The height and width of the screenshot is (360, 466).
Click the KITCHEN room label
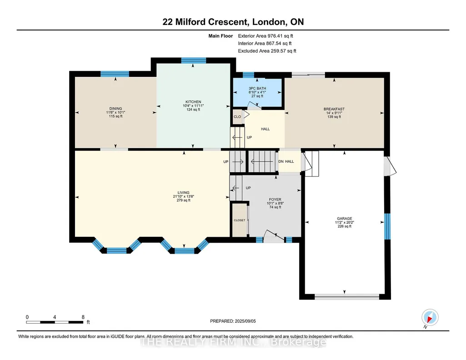(193, 102)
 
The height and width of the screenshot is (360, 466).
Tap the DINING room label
(115, 109)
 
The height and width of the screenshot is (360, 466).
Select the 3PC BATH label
(257, 89)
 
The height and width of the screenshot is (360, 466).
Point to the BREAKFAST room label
(334, 109)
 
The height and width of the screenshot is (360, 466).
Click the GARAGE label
(345, 219)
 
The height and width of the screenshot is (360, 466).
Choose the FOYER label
(275, 200)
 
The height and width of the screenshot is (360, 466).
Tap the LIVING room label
(184, 192)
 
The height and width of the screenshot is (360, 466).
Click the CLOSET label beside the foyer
(240, 220)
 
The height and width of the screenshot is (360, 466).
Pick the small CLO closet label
(237, 117)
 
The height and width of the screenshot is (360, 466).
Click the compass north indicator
(430, 318)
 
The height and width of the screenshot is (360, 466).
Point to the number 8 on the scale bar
(83, 317)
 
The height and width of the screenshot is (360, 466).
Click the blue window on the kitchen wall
(194, 60)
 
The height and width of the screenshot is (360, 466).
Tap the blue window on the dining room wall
(115, 74)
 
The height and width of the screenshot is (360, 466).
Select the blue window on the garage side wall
(387, 226)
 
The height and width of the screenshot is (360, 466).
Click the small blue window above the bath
(248, 75)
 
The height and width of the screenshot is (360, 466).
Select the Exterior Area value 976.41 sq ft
(280, 36)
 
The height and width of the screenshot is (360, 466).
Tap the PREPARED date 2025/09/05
(245, 321)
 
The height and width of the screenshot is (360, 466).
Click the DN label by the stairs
(281, 161)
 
